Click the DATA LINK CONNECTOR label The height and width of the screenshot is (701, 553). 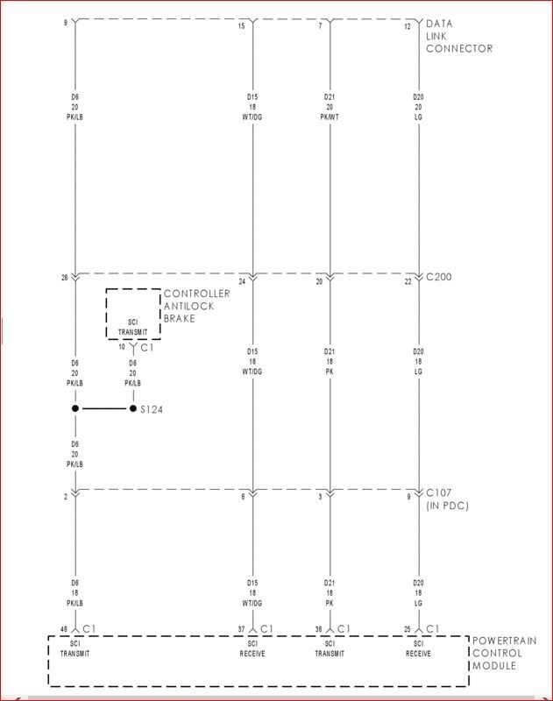(x=458, y=36)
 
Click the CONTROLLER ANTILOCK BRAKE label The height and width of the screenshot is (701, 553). (x=196, y=306)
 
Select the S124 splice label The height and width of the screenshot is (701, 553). (x=152, y=409)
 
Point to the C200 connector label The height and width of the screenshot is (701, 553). (x=441, y=278)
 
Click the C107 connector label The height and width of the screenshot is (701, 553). (x=441, y=494)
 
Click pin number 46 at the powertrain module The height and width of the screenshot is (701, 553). (x=63, y=629)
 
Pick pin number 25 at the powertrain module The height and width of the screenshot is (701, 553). (x=407, y=629)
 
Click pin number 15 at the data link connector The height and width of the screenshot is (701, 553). (x=242, y=26)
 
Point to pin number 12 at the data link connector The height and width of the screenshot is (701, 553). (x=407, y=26)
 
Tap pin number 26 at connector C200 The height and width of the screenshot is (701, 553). (x=64, y=278)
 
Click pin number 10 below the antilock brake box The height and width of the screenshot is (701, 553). (x=122, y=347)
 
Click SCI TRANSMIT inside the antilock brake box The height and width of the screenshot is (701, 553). (x=133, y=327)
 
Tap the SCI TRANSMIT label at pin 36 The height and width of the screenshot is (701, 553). (x=330, y=649)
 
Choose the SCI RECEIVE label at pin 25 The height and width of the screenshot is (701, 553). (x=419, y=649)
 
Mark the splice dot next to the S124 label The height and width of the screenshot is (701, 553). (x=133, y=409)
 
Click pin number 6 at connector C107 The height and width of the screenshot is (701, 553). (x=243, y=497)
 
